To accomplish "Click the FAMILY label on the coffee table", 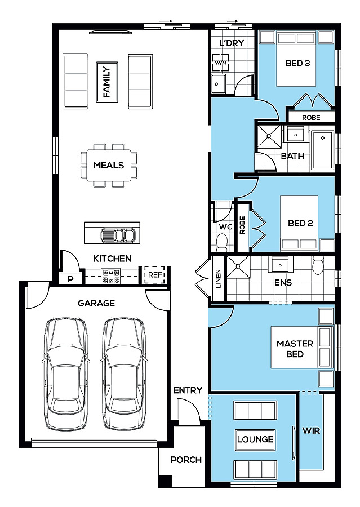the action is (107, 82).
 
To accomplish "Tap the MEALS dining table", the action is (109, 165).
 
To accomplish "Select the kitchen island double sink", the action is (117, 235).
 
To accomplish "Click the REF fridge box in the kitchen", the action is (154, 275).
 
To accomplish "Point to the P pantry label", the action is (70, 278).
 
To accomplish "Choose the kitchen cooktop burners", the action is (111, 277).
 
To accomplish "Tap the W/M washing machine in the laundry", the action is (221, 63).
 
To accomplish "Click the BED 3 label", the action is (297, 63).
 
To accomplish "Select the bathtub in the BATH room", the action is (322, 150).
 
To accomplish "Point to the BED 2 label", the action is (300, 223).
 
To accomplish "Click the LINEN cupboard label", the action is (219, 279).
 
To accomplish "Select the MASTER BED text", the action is (295, 349).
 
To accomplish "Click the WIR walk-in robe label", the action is (311, 431).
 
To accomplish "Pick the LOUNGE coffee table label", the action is (255, 439).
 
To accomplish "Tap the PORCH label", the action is (186, 460).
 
